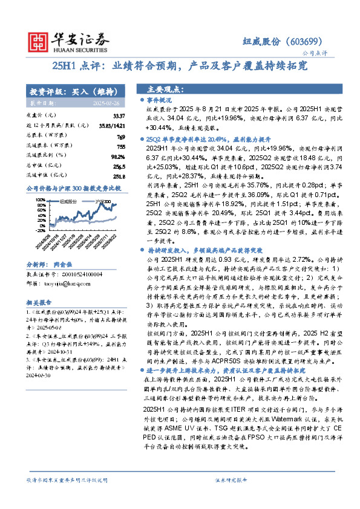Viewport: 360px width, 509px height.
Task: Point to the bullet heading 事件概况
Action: [x=160, y=99]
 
